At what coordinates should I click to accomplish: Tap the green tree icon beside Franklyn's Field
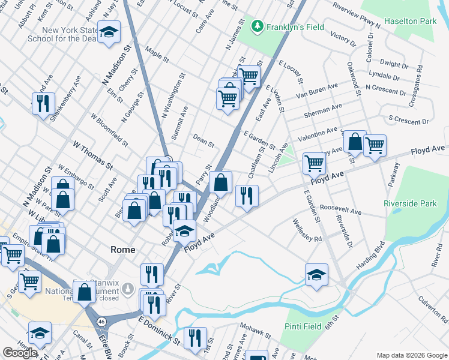(258, 26)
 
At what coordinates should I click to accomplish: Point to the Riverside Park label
(412, 203)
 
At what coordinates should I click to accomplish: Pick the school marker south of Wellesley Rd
(316, 275)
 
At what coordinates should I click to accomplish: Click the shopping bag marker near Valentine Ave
(355, 142)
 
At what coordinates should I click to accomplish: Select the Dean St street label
(203, 140)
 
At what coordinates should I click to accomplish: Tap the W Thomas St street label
(93, 155)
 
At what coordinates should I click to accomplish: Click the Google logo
(20, 353)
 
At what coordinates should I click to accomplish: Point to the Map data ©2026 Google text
(411, 355)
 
